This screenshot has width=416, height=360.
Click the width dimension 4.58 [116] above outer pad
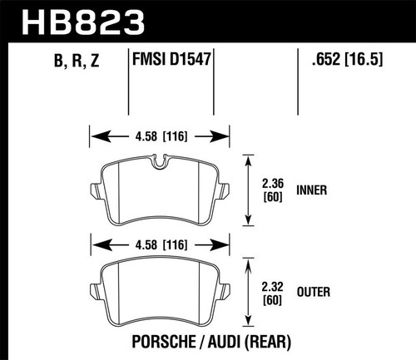coord(158,244)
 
